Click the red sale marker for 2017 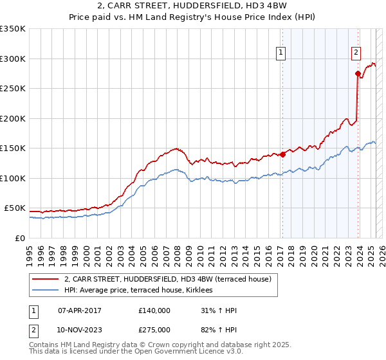282,154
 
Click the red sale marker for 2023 358,73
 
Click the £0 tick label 20,239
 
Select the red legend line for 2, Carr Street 44,279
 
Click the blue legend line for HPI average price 44,291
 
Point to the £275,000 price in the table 154,330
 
